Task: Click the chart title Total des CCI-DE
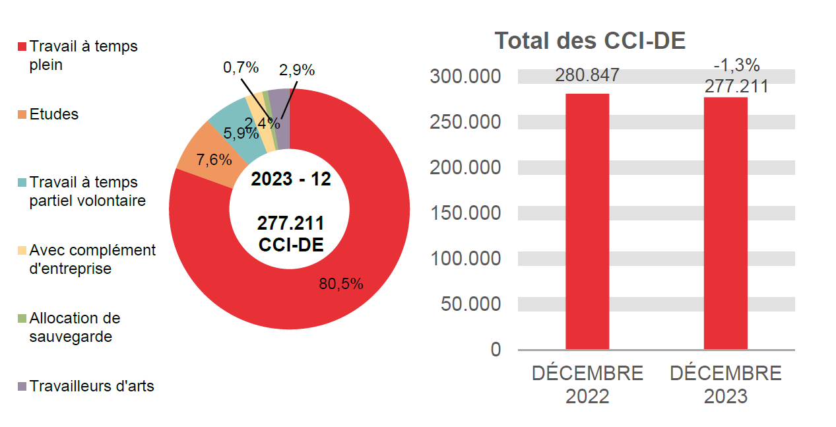[x=590, y=41]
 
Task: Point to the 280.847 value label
[x=587, y=75]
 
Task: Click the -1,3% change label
[x=736, y=65]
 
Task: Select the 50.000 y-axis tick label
[x=470, y=304]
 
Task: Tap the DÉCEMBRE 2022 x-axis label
[x=587, y=385]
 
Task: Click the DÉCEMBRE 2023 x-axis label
[x=726, y=385]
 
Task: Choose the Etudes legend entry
[x=53, y=114]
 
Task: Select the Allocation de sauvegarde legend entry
[x=75, y=327]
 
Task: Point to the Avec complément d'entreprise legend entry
[x=92, y=259]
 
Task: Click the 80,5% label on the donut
[x=341, y=284]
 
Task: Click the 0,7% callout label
[x=241, y=67]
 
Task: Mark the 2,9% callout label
[x=297, y=71]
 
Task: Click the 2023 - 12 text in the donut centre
[x=290, y=179]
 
